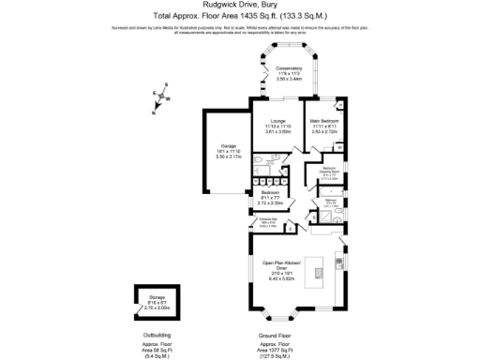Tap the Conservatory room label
pos(289,68)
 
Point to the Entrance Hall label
pos(271,221)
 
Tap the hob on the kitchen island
pos(322,273)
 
